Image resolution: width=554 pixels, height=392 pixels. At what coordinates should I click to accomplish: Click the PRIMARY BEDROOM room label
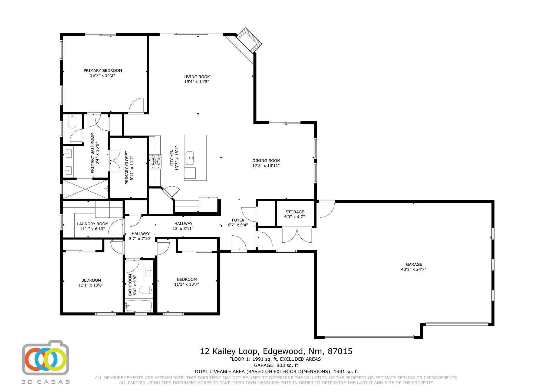103,71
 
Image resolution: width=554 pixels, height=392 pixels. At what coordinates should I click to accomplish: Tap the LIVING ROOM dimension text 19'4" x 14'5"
197,81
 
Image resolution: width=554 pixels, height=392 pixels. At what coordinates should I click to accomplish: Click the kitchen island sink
190,158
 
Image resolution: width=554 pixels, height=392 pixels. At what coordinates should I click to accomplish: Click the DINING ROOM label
266,161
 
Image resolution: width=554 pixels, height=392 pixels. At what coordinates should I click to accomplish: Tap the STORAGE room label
295,212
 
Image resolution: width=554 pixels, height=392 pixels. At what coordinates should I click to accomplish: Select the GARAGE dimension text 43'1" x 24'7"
414,269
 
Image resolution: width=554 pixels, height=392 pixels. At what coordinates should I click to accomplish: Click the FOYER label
238,220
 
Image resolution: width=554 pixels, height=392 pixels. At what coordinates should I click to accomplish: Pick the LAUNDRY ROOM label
93,224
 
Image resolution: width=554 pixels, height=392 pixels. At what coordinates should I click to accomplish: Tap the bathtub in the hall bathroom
138,306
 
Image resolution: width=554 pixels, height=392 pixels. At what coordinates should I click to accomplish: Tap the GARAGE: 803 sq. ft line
276,365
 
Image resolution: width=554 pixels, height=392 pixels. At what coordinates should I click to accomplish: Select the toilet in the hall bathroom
147,290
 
